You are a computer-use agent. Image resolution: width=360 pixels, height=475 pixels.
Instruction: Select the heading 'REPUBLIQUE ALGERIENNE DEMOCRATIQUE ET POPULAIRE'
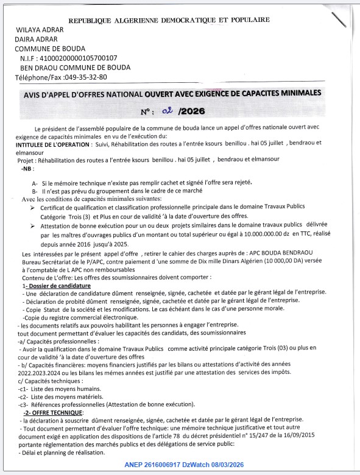[169, 20]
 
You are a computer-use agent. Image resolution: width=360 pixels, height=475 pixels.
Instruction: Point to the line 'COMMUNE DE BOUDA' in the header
[50, 49]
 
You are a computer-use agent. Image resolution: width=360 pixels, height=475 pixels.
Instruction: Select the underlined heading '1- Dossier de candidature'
[56, 285]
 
